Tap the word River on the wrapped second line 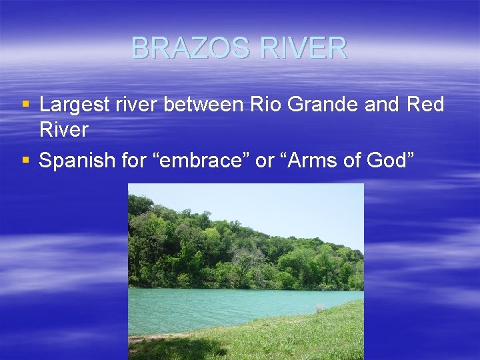(x=63, y=129)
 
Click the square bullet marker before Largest (x=25, y=105)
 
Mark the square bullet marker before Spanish (x=25, y=160)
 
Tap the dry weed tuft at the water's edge (x=320, y=309)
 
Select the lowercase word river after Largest (x=145, y=105)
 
